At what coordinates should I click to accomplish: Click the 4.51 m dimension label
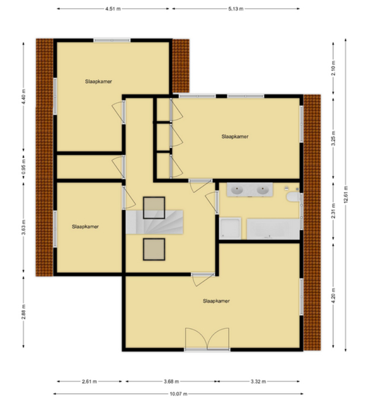pyautogui.click(x=113, y=9)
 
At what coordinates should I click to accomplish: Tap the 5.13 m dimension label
pyautogui.click(x=236, y=9)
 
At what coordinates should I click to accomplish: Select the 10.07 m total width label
pyautogui.click(x=178, y=394)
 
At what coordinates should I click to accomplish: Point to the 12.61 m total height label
pyautogui.click(x=346, y=195)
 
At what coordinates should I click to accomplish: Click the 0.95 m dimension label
pyautogui.click(x=23, y=167)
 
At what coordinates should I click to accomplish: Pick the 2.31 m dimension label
pyautogui.click(x=333, y=211)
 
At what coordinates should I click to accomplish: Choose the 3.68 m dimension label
pyautogui.click(x=171, y=381)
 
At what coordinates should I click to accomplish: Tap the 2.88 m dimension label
pyautogui.click(x=23, y=312)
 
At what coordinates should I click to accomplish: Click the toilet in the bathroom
pyautogui.click(x=293, y=197)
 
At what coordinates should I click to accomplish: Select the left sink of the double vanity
pyautogui.click(x=237, y=190)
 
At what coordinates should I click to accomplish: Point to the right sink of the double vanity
pyautogui.click(x=263, y=190)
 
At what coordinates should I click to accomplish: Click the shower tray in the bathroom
pyautogui.click(x=230, y=228)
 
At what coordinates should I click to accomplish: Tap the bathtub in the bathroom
pyautogui.click(x=273, y=229)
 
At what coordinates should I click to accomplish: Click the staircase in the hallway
pyautogui.click(x=154, y=222)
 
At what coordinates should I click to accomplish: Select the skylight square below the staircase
pyautogui.click(x=154, y=249)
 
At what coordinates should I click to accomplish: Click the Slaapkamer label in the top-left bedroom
pyautogui.click(x=98, y=81)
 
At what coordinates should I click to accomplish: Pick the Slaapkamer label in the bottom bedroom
pyautogui.click(x=216, y=301)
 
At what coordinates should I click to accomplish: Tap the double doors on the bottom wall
pyautogui.click(x=207, y=338)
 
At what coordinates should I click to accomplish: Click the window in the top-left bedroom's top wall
pyautogui.click(x=112, y=40)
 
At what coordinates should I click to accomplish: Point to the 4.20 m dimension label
pyautogui.click(x=333, y=296)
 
